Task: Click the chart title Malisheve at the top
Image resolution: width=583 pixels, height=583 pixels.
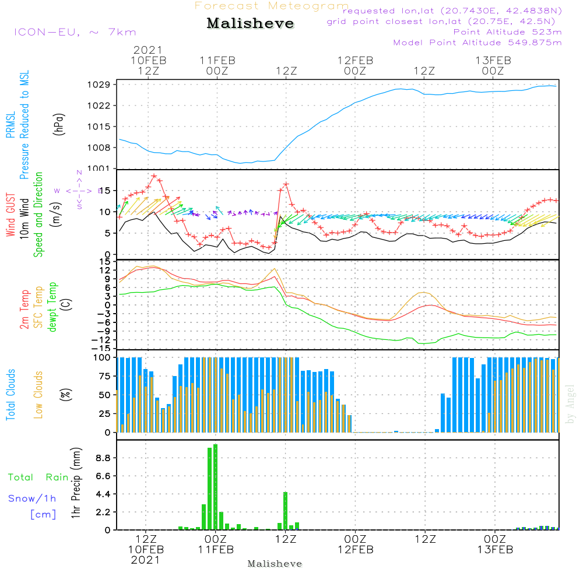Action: pos(250,24)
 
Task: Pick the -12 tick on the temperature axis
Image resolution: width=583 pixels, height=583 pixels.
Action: pos(104,339)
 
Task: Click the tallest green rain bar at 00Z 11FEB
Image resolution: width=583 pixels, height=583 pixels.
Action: pos(215,487)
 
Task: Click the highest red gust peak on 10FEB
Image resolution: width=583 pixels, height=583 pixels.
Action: pos(154,175)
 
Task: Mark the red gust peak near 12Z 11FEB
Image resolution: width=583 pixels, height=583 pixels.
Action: pos(286,184)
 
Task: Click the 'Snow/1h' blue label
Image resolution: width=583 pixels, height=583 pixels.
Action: pos(32,498)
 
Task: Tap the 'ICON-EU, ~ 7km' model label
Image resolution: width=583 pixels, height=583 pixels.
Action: pos(75,32)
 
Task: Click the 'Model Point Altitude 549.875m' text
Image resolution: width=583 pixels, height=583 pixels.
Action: pos(477,43)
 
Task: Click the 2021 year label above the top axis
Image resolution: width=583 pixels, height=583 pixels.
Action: pos(147,50)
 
